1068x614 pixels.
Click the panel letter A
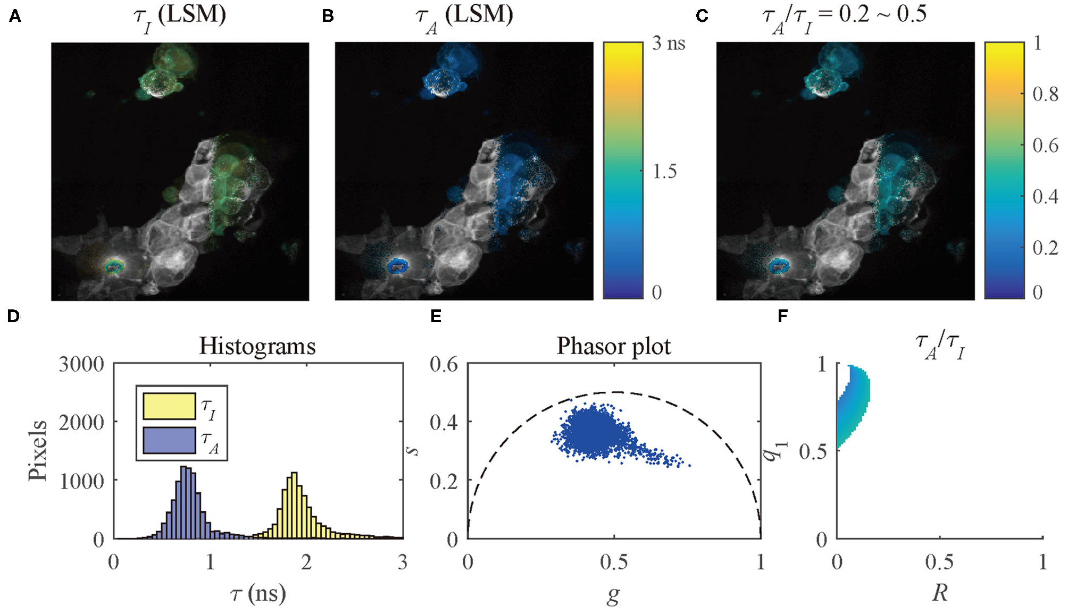(15, 16)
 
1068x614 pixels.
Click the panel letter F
(782, 316)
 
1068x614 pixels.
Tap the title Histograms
(257, 346)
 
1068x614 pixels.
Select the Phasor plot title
(613, 346)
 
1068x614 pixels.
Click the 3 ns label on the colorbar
(669, 43)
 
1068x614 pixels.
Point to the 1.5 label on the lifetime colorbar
(665, 171)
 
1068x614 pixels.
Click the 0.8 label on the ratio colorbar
(1045, 94)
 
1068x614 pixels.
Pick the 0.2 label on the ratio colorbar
(1045, 248)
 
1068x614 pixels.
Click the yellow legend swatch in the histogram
(169, 406)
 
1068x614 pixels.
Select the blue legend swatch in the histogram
(169, 441)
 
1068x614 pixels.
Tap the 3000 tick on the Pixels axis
(81, 365)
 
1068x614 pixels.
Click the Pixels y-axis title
(38, 450)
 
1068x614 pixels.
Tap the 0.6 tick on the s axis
(444, 365)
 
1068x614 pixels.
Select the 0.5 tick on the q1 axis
(813, 452)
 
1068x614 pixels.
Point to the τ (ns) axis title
(258, 593)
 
